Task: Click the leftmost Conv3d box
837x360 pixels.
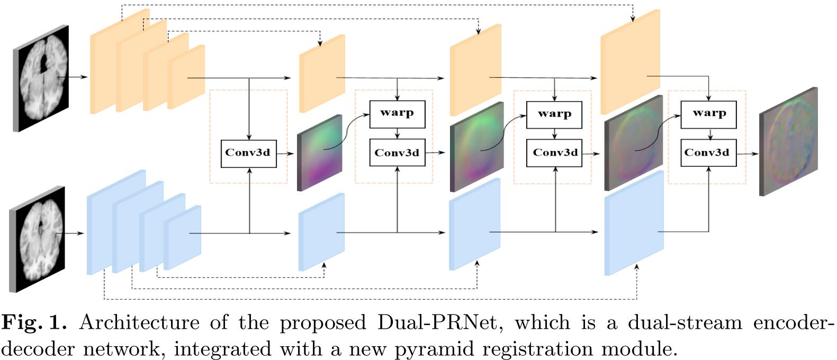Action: [248, 153]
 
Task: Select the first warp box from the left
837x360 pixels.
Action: [397, 113]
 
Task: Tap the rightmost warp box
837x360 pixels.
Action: [708, 113]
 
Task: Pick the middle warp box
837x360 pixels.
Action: [554, 114]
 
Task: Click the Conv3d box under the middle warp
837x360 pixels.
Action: [554, 153]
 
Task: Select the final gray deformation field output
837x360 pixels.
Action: [788, 142]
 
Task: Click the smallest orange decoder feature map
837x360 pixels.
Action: [322, 74]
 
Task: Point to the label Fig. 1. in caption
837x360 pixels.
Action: [35, 322]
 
